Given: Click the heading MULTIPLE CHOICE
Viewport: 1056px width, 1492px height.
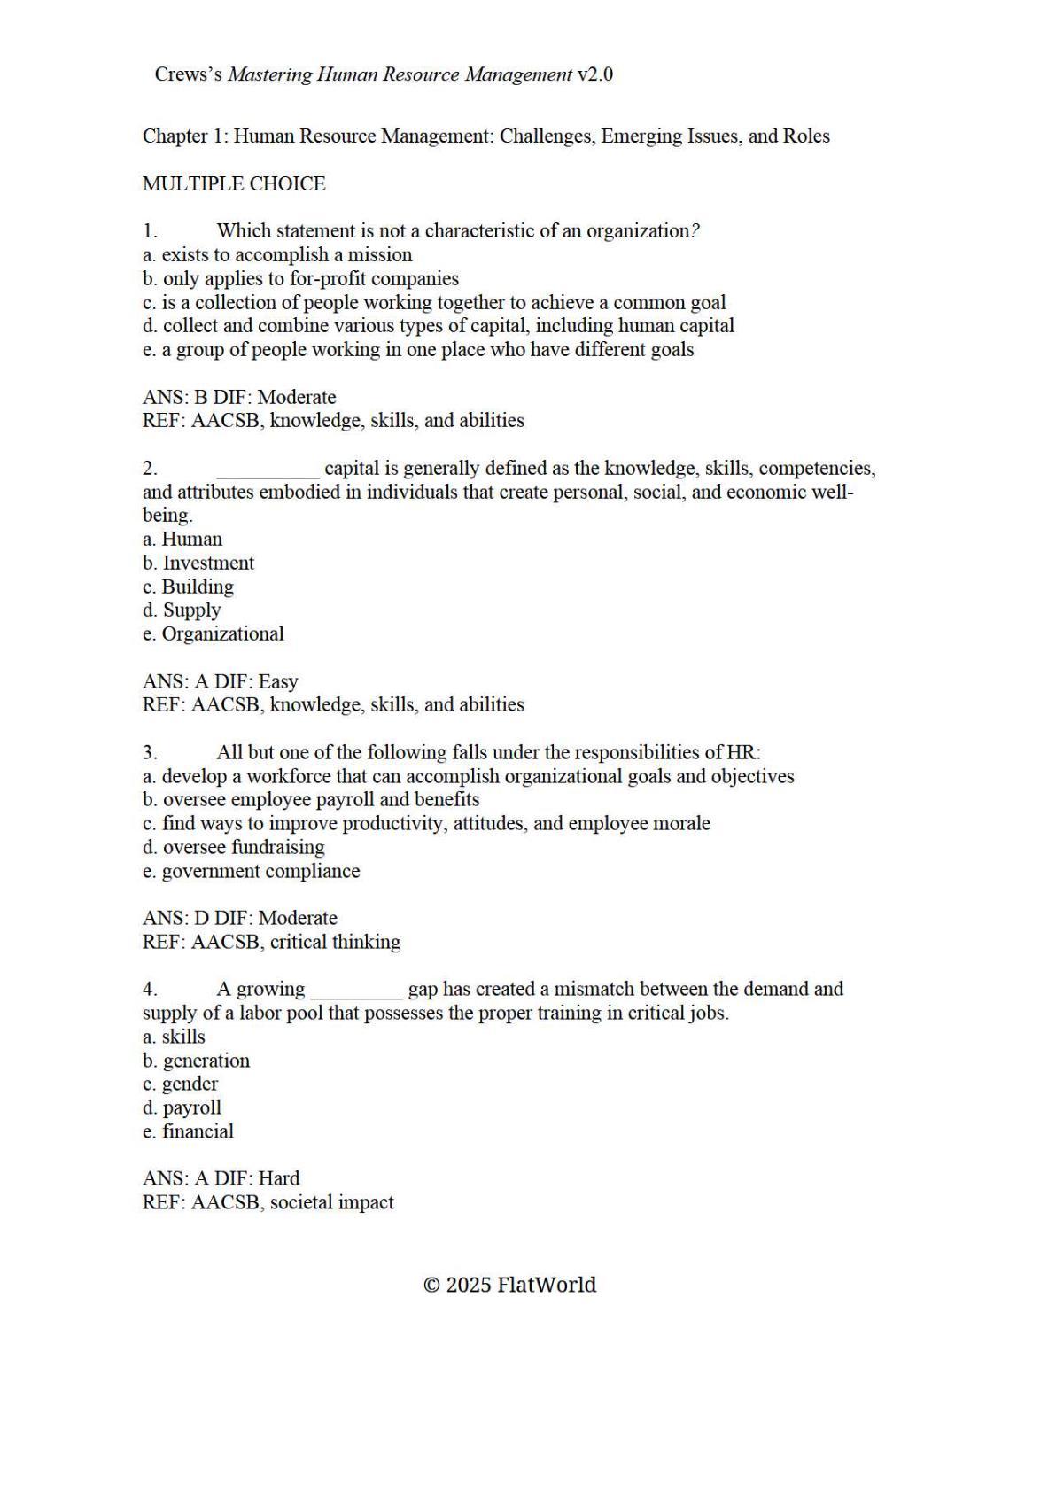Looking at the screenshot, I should [x=234, y=183].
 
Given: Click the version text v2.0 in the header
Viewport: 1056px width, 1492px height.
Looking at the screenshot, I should [x=594, y=74].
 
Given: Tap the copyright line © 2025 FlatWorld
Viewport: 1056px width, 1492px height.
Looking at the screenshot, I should [x=509, y=1285].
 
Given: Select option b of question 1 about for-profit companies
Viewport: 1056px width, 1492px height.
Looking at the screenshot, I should [x=300, y=278].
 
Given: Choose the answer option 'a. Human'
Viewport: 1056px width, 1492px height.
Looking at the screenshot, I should [x=182, y=539].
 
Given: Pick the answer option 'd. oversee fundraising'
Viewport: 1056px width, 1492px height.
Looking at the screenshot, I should [x=233, y=847].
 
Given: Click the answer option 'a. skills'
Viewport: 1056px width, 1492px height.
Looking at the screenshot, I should [x=174, y=1037].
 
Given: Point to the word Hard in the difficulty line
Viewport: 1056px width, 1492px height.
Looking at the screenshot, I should [x=278, y=1178].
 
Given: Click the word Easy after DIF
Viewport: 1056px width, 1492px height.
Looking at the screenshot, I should [x=277, y=681].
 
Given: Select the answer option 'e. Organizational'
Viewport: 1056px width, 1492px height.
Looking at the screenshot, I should [x=213, y=633].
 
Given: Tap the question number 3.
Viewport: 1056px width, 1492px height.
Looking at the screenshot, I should [x=150, y=752].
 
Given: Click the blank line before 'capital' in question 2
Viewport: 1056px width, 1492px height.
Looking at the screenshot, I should [x=268, y=470].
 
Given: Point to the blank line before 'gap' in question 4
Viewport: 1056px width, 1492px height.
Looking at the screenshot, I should [x=356, y=991].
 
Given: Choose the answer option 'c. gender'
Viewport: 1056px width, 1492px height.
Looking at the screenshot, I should [x=180, y=1084].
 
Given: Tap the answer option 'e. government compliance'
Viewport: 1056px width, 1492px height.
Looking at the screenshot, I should [x=251, y=871].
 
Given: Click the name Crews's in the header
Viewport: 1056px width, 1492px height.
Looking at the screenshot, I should [x=189, y=74].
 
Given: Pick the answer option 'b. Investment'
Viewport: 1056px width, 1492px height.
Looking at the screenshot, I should [x=198, y=563].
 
